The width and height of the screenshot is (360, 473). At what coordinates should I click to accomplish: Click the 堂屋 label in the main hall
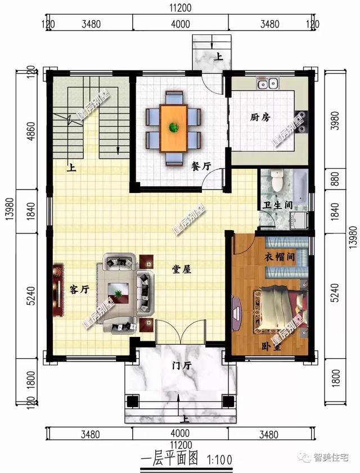pyautogui.click(x=182, y=269)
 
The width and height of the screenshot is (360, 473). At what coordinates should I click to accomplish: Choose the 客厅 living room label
pyautogui.click(x=79, y=289)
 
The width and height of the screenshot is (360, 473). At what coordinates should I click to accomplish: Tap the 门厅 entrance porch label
pyautogui.click(x=182, y=366)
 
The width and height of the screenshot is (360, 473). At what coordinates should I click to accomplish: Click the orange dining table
pyautogui.click(x=174, y=127)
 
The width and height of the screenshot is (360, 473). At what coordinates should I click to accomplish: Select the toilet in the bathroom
pyautogui.click(x=276, y=181)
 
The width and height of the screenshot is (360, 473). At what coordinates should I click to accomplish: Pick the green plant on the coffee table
pyautogui.click(x=119, y=294)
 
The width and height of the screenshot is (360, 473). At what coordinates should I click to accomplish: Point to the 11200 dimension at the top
pyautogui.click(x=180, y=7)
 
